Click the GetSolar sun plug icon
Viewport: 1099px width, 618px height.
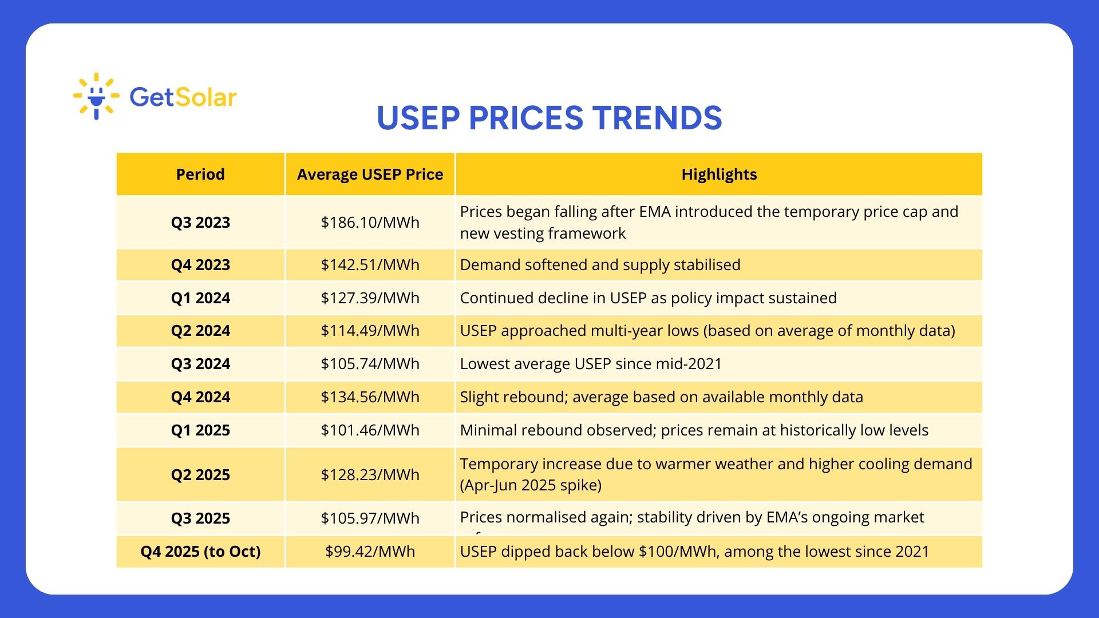[x=96, y=96]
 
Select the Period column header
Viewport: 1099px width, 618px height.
[x=200, y=175]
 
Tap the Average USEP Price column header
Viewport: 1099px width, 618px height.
[x=370, y=175]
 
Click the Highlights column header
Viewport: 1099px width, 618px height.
[x=719, y=175]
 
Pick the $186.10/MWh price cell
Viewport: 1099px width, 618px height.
[x=370, y=223]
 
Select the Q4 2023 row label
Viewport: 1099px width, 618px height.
[x=200, y=265]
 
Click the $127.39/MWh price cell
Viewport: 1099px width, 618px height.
[x=370, y=298]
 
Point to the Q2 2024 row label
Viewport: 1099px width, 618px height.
[x=200, y=331]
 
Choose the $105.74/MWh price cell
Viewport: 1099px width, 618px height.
[x=370, y=364]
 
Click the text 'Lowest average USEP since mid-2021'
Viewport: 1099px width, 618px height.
[x=591, y=364]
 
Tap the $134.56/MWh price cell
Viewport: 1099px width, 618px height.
[x=370, y=397]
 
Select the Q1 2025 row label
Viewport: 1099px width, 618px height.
[x=200, y=430]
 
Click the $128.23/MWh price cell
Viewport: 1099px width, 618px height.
[x=370, y=475]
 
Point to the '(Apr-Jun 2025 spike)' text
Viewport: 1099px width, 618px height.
[x=531, y=485]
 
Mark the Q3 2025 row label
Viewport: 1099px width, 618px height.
[x=200, y=518]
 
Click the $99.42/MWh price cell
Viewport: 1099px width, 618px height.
[x=370, y=552]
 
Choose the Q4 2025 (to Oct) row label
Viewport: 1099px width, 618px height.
[x=200, y=552]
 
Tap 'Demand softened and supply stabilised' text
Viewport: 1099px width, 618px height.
[x=600, y=265]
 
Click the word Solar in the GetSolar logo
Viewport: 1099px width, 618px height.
[x=206, y=97]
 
